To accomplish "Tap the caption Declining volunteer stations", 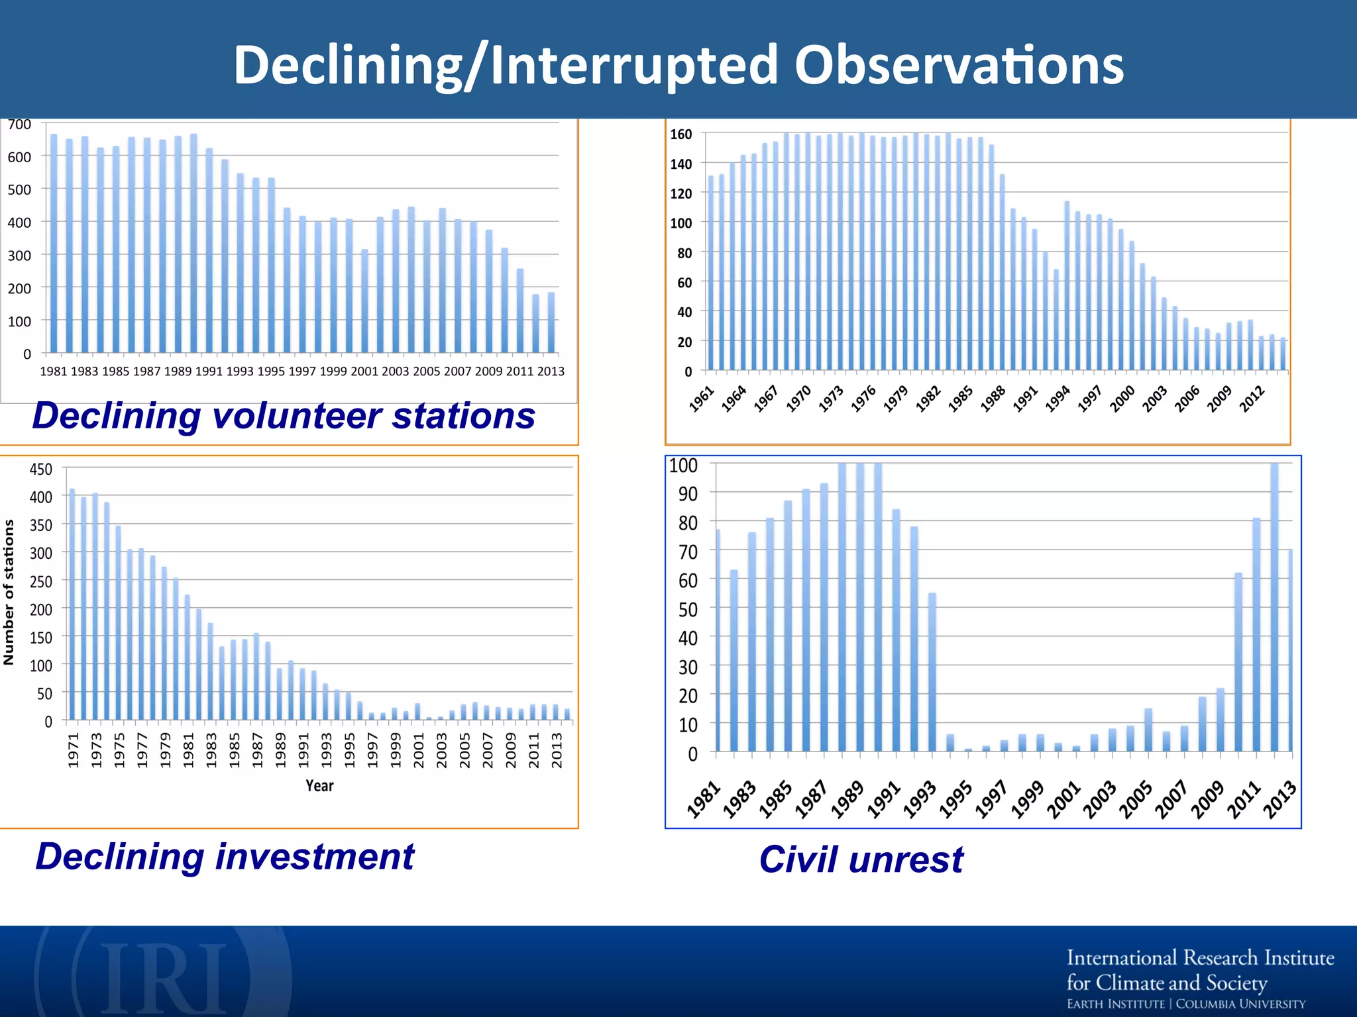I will (284, 416).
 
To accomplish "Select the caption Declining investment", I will (225, 856).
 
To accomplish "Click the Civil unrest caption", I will (861, 859).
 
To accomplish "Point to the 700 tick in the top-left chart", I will (19, 124).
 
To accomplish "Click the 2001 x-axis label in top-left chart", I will (364, 371).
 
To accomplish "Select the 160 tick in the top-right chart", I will (680, 134).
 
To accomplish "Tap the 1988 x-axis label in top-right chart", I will (993, 399).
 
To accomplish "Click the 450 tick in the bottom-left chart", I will (40, 469).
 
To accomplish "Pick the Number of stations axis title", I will (9, 592).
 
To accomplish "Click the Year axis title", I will (319, 786).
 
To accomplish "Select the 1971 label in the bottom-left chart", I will (73, 750).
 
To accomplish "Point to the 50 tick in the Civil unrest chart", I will (687, 609).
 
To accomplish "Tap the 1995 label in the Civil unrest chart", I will (955, 800).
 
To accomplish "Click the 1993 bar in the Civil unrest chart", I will (932, 672).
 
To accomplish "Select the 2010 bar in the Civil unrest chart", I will (1238, 662).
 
